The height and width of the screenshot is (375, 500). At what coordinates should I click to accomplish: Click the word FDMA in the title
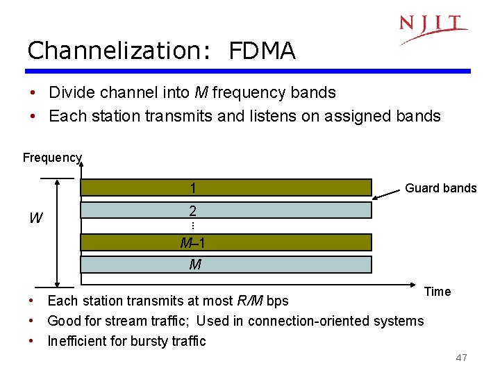tap(262, 51)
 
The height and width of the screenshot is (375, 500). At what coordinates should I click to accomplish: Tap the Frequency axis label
tap(52, 158)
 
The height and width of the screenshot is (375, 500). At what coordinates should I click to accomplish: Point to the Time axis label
tap(437, 292)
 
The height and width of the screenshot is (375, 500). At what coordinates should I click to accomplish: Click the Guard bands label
tap(441, 187)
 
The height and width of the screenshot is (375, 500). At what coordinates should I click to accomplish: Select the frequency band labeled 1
tap(226, 188)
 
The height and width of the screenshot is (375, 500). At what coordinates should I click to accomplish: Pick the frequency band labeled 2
tap(226, 210)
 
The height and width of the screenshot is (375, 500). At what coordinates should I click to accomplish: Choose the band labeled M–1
tap(226, 242)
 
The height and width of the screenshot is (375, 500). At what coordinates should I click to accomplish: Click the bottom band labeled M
tap(226, 265)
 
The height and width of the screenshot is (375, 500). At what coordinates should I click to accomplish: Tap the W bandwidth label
tap(35, 219)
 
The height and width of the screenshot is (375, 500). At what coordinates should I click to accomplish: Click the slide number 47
tap(461, 358)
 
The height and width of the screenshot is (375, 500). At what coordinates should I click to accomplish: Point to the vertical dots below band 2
tap(192, 226)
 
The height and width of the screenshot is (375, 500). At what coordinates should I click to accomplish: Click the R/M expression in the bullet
tap(250, 301)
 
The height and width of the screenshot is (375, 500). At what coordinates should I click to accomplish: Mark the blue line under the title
tap(249, 71)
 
